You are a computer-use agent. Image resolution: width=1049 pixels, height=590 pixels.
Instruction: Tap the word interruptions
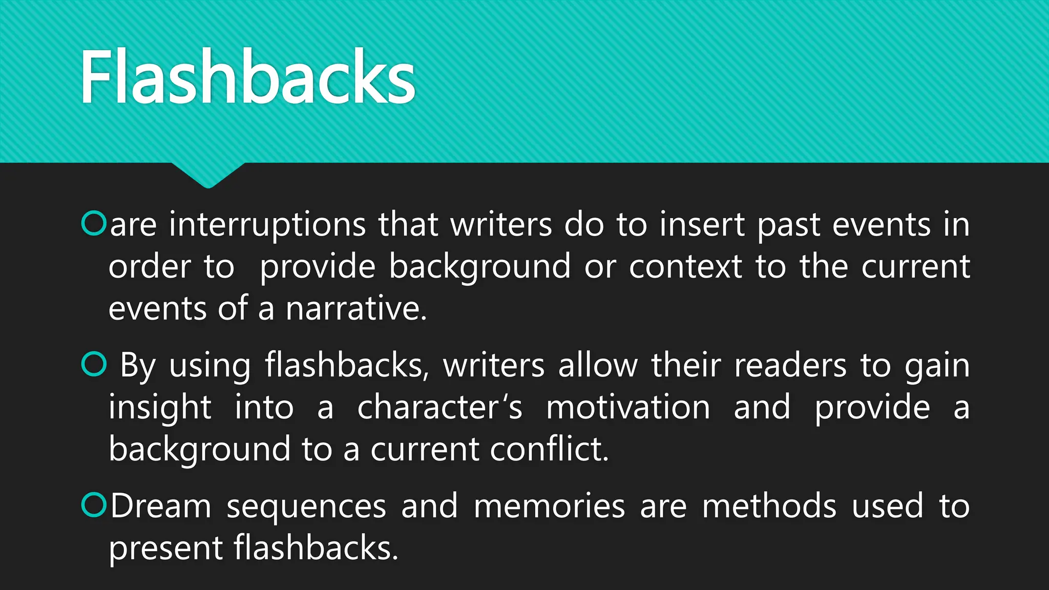[x=267, y=225]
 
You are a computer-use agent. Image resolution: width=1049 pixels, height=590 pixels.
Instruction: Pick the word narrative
[x=356, y=309]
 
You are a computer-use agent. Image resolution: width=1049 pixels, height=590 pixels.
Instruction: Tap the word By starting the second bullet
[x=138, y=366]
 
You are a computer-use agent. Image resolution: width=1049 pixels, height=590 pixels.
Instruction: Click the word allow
[x=598, y=366]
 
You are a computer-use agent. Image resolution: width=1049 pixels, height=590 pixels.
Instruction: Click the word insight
[x=160, y=408]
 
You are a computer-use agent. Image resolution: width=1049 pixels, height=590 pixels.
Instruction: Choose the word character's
[x=439, y=408]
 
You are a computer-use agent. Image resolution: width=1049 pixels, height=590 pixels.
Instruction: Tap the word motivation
[x=628, y=408]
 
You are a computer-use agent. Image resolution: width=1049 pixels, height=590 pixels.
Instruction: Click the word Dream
[x=161, y=506]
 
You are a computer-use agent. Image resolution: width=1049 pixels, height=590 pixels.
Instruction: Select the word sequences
[x=306, y=507]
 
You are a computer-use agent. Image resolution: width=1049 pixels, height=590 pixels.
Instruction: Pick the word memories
[x=549, y=506]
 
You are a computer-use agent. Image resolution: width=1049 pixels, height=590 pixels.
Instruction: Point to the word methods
[x=769, y=506]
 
